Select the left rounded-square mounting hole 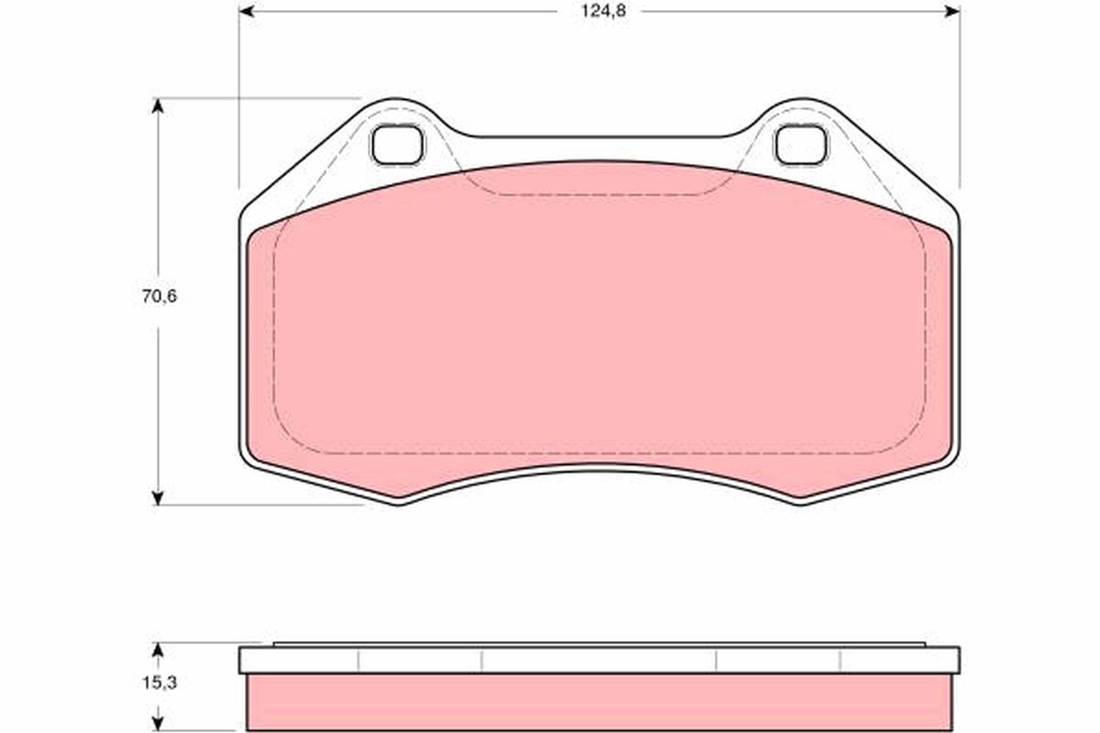(x=397, y=145)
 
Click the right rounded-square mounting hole (x=800, y=145)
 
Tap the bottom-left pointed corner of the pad (x=401, y=500)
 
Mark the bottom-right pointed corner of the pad (x=799, y=500)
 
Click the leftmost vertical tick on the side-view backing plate (x=358, y=661)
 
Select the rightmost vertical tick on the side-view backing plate (x=841, y=661)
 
